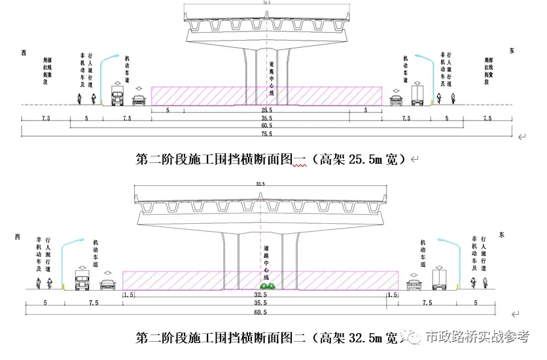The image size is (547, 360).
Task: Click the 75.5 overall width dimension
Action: [x=266, y=134]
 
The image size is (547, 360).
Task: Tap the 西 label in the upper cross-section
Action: [x=24, y=52]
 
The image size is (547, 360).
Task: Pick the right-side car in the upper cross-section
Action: [x=396, y=100]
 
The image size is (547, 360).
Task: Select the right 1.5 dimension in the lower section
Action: [x=392, y=295]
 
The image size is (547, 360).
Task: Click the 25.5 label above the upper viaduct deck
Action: [x=266, y=4]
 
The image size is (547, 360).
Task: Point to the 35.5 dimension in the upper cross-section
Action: [x=266, y=118]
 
